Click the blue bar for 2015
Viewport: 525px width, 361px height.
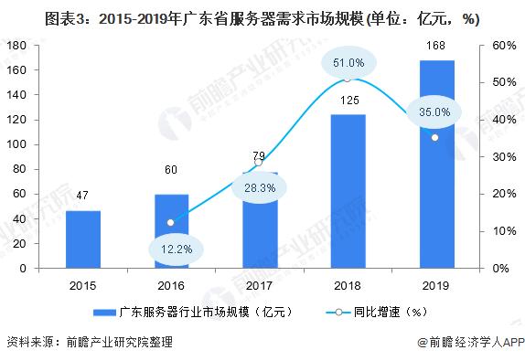click(x=83, y=239)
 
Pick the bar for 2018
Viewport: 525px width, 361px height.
click(x=347, y=191)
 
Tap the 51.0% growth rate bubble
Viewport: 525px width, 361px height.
click(x=348, y=63)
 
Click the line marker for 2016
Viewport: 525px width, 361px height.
click(x=171, y=222)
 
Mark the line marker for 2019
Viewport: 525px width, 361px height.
click(x=434, y=137)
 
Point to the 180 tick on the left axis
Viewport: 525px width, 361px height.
click(x=17, y=45)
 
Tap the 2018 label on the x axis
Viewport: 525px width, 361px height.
click(x=347, y=284)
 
